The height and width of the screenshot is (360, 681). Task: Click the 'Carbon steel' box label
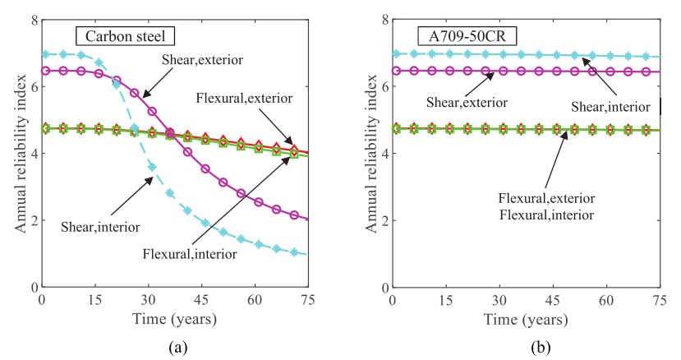pos(126,36)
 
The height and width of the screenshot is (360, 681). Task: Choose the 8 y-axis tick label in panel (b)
pos(384,20)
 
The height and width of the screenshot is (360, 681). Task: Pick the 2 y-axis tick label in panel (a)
pos(32,220)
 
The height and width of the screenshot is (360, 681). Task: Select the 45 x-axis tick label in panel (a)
pos(202,301)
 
